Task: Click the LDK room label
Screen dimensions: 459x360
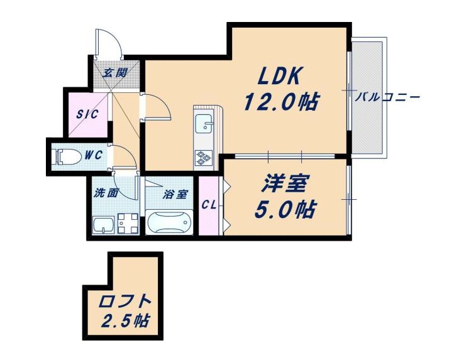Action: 279,76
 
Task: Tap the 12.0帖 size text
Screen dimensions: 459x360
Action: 281,101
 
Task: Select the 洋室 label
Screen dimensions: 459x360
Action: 284,183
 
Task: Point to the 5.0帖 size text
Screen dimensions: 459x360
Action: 285,209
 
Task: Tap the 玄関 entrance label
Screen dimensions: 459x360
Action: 114,72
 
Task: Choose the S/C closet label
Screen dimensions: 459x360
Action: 87,114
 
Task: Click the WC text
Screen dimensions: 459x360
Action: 94,155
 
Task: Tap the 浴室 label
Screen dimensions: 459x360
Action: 175,195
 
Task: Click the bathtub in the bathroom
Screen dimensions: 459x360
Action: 169,222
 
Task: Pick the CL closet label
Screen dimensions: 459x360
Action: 209,205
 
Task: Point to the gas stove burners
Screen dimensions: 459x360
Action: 204,158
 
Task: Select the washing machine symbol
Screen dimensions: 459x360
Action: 128,224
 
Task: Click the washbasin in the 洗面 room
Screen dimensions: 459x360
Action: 103,225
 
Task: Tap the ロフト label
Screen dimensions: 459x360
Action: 125,302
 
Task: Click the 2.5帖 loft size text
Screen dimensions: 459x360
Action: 126,321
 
